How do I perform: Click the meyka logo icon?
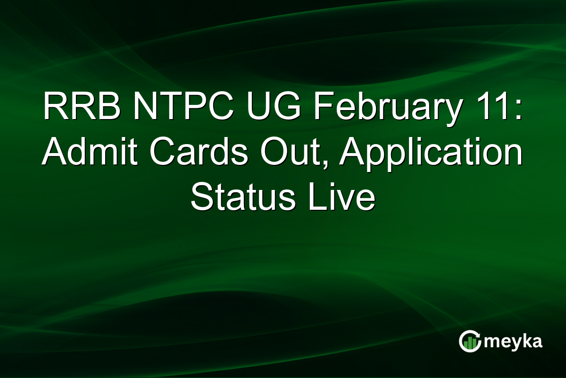[470, 341]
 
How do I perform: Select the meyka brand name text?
[514, 342]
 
